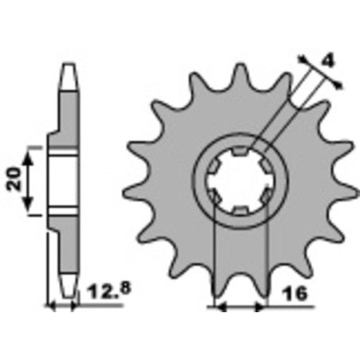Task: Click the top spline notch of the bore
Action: [239, 145]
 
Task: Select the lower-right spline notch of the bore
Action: [266, 194]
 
